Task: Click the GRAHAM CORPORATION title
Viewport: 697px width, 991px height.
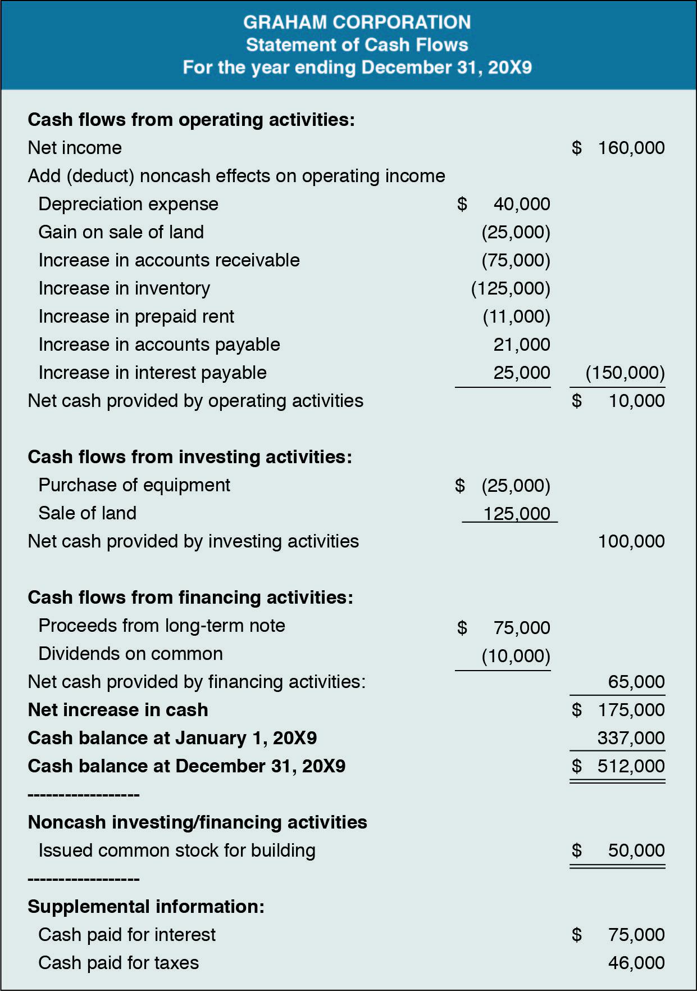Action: tap(357, 22)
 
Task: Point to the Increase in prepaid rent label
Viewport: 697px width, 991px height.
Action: tap(136, 316)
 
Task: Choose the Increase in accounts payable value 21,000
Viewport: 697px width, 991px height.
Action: tap(521, 345)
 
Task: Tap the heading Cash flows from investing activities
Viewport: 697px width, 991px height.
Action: tap(190, 457)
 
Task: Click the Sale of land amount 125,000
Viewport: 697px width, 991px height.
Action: tap(516, 513)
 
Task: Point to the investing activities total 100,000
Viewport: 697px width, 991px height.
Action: tap(631, 541)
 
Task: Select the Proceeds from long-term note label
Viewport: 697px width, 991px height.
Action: tap(162, 626)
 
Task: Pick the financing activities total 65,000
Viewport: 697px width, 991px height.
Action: tap(636, 682)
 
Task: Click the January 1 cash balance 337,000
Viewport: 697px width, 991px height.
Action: tap(631, 738)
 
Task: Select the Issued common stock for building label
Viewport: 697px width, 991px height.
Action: tap(177, 850)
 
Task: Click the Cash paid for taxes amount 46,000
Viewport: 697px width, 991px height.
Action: tap(636, 963)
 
